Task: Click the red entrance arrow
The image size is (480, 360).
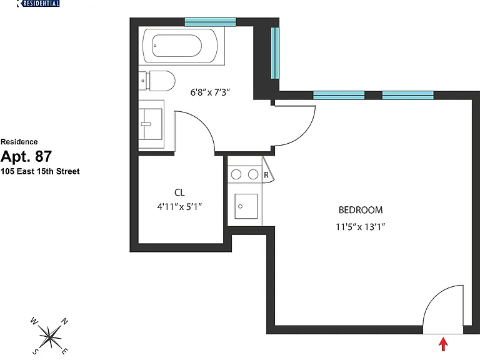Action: coord(443,344)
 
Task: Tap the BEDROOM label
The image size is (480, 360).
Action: coord(361,210)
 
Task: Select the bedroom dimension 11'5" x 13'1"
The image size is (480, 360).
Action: coord(360,227)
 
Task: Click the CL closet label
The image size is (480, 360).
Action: coord(179,192)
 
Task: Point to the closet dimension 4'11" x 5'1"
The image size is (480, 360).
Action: coord(179,207)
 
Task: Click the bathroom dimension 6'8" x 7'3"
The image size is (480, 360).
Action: coord(210,92)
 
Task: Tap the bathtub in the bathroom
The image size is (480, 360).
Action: coord(180,46)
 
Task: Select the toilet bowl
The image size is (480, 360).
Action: coord(162,81)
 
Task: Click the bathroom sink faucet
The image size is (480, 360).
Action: coord(146,124)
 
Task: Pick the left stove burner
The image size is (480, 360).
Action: coord(236,174)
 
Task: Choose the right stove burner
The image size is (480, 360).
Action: coord(253,174)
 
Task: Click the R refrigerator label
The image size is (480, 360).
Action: coord(266,175)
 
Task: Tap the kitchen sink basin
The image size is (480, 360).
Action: coord(246,206)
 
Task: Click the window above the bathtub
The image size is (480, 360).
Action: coord(210,22)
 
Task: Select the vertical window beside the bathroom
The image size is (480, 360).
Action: coord(275,52)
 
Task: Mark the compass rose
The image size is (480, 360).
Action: coord(49,337)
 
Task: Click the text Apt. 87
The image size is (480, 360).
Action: coord(26,156)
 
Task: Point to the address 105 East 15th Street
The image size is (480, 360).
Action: coord(40,171)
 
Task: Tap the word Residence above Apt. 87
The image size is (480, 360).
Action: coord(19,142)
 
